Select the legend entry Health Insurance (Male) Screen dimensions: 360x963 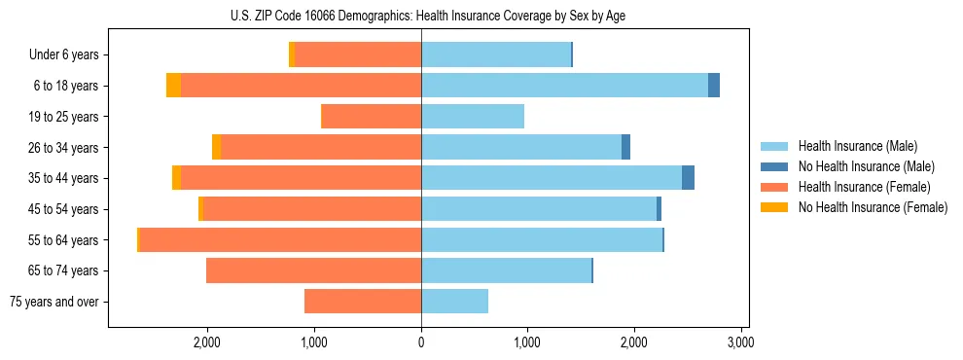tap(857, 146)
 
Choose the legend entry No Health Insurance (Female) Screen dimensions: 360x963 tap(872, 207)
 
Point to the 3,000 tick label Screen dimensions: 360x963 tap(740, 343)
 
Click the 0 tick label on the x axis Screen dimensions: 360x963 tap(421, 343)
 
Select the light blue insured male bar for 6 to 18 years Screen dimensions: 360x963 tap(564, 86)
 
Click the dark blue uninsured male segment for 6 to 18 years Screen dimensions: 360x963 tap(714, 86)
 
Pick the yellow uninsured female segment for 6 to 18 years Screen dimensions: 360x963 tap(173, 86)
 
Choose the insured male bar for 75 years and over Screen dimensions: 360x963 tap(454, 302)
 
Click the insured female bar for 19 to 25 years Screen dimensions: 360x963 tap(372, 117)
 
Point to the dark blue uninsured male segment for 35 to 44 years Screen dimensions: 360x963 tap(688, 178)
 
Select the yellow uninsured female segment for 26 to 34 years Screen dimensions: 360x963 tap(216, 147)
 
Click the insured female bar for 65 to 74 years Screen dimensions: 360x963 tap(313, 270)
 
